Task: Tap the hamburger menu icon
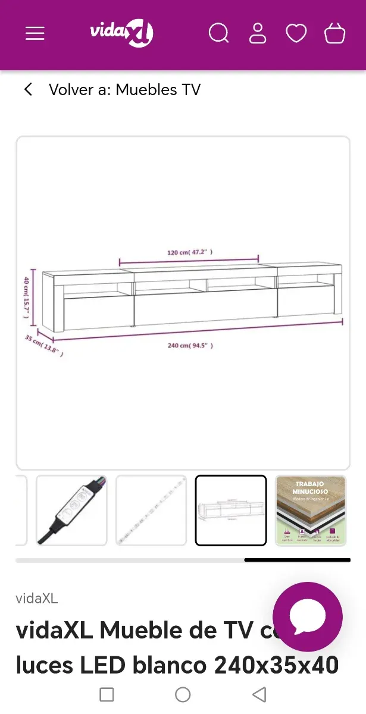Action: [35, 33]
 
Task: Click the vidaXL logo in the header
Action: [121, 33]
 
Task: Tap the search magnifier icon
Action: [218, 33]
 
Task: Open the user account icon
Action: [258, 33]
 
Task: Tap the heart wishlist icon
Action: [296, 33]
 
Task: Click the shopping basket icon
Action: [334, 33]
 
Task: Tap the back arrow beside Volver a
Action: [28, 90]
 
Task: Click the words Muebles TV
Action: [158, 90]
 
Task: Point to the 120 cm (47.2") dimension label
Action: [190, 252]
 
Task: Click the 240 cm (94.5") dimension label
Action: [190, 346]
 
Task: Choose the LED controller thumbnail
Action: [71, 511]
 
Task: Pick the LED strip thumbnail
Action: [151, 511]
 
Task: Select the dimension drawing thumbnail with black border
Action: [231, 511]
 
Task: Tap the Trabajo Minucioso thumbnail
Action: [310, 511]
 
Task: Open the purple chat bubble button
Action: [308, 617]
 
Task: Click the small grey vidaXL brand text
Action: [37, 599]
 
